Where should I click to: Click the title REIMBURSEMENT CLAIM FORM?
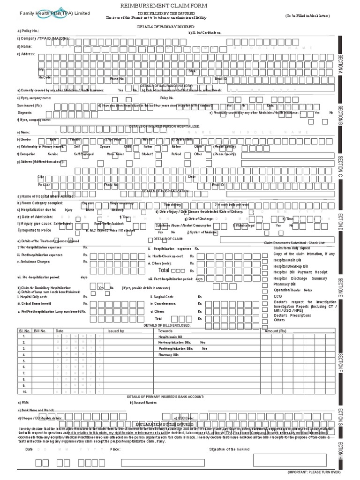click(180, 5)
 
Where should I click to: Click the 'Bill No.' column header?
click(40, 331)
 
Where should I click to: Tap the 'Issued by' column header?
click(116, 331)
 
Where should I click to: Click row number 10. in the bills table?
click(25, 391)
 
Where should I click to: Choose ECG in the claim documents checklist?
click(278, 296)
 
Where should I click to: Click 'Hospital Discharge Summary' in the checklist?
click(300, 278)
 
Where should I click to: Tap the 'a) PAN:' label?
click(23, 402)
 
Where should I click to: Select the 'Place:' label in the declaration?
click(115, 449)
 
